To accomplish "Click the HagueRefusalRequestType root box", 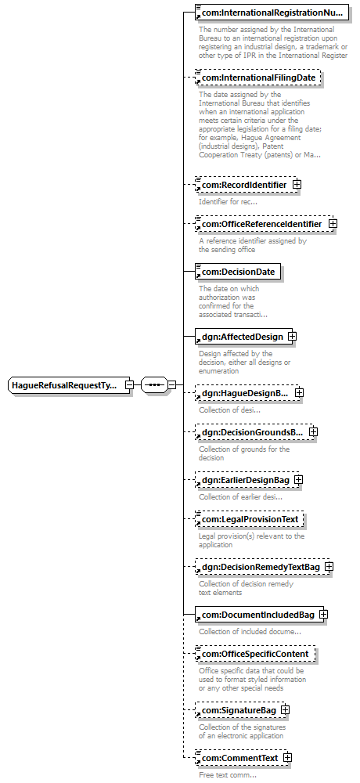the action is [70, 385].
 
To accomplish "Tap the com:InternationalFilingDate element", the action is [257, 78].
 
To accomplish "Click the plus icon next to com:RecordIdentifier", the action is [297, 184].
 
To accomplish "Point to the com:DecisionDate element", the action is [238, 272].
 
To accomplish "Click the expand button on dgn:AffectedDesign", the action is [293, 336].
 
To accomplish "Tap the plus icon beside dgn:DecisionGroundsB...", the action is [313, 431].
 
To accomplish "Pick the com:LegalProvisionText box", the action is [249, 519].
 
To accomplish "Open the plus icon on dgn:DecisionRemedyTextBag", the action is [329, 567].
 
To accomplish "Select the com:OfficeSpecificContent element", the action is [254, 654].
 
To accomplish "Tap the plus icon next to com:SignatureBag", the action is [285, 709].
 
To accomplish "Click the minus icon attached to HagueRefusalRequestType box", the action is [129, 385].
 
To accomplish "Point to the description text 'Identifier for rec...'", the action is [229, 202].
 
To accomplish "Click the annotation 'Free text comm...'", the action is [228, 775].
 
